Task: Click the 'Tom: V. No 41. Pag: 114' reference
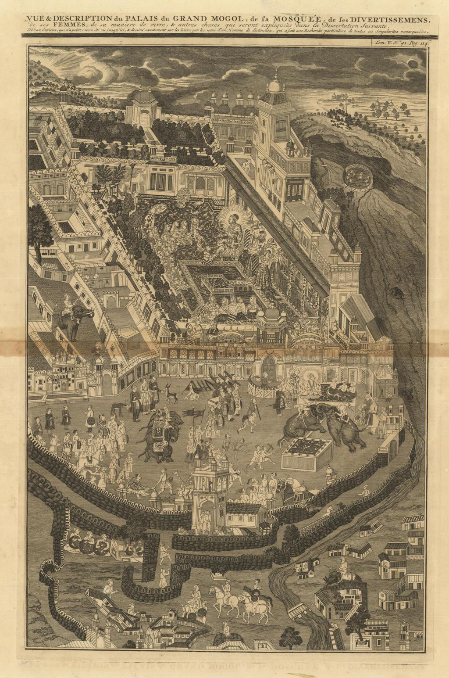(x=401, y=43)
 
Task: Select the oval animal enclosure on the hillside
(x=358, y=176)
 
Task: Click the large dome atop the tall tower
(x=275, y=85)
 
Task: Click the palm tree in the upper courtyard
(x=104, y=176)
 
